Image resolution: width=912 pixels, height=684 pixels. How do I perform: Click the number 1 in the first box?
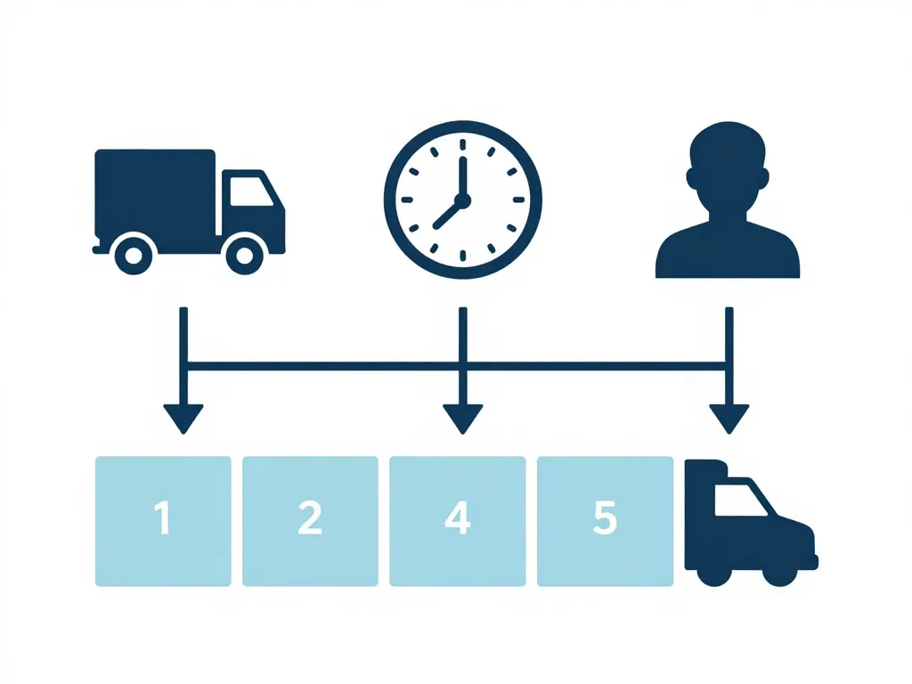tap(162, 518)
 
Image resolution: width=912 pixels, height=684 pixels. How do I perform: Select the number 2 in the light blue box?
tap(309, 518)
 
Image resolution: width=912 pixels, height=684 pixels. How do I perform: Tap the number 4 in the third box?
tap(457, 518)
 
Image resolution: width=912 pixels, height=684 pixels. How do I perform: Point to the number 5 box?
tap(605, 520)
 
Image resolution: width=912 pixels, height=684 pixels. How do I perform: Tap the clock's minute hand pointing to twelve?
tap(462, 169)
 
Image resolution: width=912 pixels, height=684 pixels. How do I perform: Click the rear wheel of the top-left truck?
tap(134, 256)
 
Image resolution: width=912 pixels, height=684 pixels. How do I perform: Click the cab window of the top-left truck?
tap(249, 191)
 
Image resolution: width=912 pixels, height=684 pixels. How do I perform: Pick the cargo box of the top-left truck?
tap(154, 191)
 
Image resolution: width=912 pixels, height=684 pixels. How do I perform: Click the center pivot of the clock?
tap(462, 199)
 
